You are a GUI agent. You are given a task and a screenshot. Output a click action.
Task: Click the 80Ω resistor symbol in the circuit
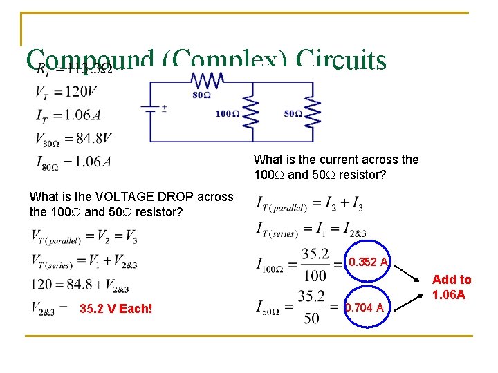point(207,80)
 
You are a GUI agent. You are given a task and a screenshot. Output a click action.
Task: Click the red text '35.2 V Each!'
point(116,308)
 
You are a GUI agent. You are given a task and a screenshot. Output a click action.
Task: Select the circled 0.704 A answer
point(365,307)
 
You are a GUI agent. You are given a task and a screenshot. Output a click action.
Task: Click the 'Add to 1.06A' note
point(452,287)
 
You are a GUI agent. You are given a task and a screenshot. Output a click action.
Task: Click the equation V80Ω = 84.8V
point(73,138)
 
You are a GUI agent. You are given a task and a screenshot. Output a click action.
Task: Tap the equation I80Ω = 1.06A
point(73,162)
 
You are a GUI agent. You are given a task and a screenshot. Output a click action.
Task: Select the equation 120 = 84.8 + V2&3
point(80,284)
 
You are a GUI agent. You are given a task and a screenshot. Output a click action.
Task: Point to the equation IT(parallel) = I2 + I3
point(310,203)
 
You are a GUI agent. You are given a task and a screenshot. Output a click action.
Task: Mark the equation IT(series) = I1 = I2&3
point(311,227)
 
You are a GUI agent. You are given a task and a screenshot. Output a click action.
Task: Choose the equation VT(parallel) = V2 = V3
point(84,236)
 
